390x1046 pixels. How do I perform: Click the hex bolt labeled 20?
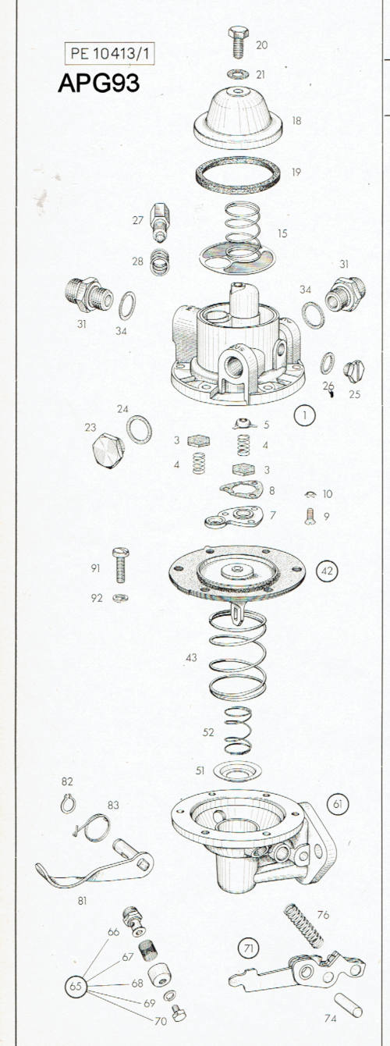coord(238,42)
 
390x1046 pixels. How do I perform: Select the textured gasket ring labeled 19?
coord(237,176)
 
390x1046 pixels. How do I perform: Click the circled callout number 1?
coord(305,414)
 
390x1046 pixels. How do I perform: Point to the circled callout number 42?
coord(327,570)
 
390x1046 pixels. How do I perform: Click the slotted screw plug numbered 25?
coord(354,372)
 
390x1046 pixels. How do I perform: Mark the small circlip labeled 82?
coord(68,803)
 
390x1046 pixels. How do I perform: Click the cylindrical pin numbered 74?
coord(348,1005)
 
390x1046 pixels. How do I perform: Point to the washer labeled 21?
coord(238,74)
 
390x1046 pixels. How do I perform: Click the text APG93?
coord(99,84)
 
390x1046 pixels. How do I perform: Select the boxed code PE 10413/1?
coord(110,54)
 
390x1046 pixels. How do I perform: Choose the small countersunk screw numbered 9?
coord(310,517)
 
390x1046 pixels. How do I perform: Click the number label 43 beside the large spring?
coord(191,657)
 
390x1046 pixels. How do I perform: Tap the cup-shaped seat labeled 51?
coord(237,772)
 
